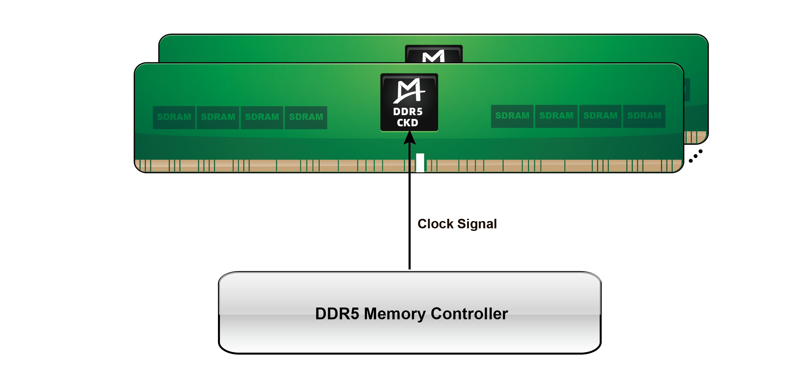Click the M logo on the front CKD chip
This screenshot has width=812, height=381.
[x=409, y=91]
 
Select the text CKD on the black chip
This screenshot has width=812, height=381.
[x=408, y=123]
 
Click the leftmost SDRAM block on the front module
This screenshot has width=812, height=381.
[x=174, y=117]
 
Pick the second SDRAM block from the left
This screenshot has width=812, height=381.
[x=218, y=117]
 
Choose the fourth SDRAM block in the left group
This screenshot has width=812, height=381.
[x=306, y=117]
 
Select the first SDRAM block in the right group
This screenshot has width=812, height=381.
[x=512, y=116]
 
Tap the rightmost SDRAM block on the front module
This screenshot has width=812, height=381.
[x=644, y=116]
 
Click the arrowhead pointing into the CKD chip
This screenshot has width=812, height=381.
[x=409, y=138]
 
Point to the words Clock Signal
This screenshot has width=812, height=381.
[x=457, y=224]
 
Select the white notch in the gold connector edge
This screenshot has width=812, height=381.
[x=420, y=163]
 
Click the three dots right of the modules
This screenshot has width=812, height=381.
[x=695, y=156]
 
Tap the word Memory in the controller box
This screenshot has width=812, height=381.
[x=395, y=314]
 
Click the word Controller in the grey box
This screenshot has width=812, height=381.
[x=469, y=314]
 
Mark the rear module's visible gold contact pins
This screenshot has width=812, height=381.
[x=695, y=137]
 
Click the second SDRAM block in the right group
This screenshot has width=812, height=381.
[x=556, y=116]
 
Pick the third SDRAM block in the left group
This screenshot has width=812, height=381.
[x=262, y=117]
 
